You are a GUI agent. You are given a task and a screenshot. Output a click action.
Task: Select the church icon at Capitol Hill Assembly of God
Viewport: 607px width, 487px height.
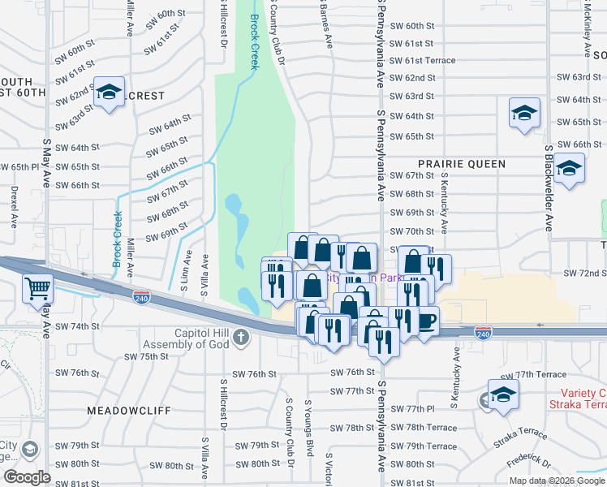pyautogui.click(x=240, y=337)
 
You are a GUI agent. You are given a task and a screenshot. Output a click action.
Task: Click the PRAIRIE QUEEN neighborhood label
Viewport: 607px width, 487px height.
pyautogui.click(x=462, y=164)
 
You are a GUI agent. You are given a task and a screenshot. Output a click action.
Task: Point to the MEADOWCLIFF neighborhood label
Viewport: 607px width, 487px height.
pyautogui.click(x=129, y=411)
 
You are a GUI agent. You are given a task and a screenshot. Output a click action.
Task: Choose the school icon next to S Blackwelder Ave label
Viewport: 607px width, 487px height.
pyautogui.click(x=570, y=170)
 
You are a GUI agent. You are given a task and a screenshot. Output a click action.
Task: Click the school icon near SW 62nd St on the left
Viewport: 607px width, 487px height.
pyautogui.click(x=108, y=92)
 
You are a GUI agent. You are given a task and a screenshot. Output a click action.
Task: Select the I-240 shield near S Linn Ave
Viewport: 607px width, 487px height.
pyautogui.click(x=141, y=298)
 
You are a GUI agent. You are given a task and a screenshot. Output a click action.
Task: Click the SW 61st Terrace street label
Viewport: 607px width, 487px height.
pyautogui.click(x=422, y=61)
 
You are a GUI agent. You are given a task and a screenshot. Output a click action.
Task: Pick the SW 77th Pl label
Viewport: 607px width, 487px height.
pyautogui.click(x=409, y=410)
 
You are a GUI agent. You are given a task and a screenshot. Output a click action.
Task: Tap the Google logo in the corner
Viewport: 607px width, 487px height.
pyautogui.click(x=27, y=477)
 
